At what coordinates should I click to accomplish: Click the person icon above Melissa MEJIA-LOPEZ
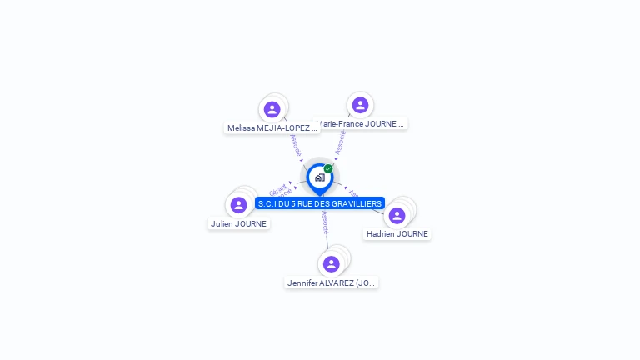click(272, 109)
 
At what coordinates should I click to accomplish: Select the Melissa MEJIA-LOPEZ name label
click(272, 128)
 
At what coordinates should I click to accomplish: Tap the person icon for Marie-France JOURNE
click(360, 105)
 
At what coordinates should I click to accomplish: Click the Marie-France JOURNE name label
click(362, 124)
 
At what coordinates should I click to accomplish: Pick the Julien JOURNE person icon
click(238, 205)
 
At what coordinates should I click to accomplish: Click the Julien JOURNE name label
click(239, 223)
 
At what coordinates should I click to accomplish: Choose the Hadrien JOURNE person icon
click(397, 215)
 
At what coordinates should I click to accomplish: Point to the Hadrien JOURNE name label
click(397, 234)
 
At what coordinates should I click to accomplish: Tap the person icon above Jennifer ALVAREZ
click(332, 264)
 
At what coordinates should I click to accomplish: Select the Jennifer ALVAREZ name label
click(332, 283)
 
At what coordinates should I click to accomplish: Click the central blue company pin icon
click(319, 177)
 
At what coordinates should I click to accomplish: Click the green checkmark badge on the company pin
click(328, 169)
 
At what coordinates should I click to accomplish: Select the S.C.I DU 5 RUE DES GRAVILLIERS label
click(320, 203)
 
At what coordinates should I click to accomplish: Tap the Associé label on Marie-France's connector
click(340, 142)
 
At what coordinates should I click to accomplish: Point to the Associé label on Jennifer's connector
click(325, 222)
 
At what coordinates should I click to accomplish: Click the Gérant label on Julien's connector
click(277, 188)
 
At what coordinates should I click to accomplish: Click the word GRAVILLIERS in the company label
click(356, 203)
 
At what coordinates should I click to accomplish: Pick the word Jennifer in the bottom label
click(303, 283)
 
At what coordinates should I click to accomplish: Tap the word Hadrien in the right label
click(381, 234)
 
